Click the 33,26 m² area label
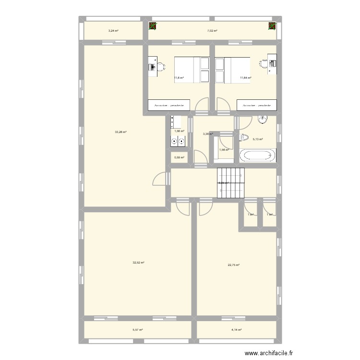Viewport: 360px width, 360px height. (120, 132)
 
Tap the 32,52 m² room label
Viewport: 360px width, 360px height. (139, 263)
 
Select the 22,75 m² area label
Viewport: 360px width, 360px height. (234, 265)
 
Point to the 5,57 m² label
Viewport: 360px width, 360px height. (138, 330)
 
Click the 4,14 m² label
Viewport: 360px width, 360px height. (236, 330)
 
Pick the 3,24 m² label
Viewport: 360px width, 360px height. (113, 31)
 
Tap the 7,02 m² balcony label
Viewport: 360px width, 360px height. (212, 31)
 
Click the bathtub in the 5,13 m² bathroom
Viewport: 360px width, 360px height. (258, 156)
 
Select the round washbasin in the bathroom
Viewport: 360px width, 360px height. (263, 119)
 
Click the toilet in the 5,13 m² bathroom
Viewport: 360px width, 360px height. (243, 138)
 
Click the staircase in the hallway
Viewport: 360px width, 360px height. (231, 182)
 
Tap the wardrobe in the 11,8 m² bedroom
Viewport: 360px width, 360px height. (170, 106)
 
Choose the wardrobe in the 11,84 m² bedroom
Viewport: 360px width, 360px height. (257, 106)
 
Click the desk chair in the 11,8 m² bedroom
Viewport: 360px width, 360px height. (160, 67)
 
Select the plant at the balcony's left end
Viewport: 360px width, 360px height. (153, 26)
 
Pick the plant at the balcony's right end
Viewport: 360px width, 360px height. (272, 26)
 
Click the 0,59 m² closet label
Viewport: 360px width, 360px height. (178, 157)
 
